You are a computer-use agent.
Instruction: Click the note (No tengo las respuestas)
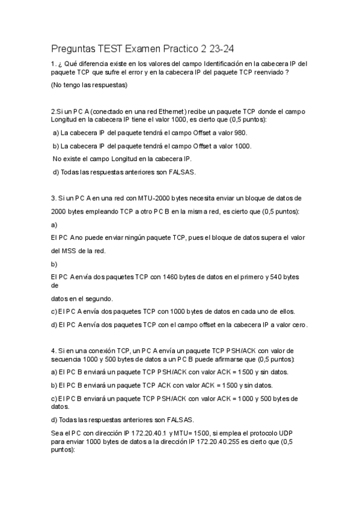pyautogui.click(x=90, y=85)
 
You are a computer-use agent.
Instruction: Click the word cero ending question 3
pyautogui.click(x=299, y=325)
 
